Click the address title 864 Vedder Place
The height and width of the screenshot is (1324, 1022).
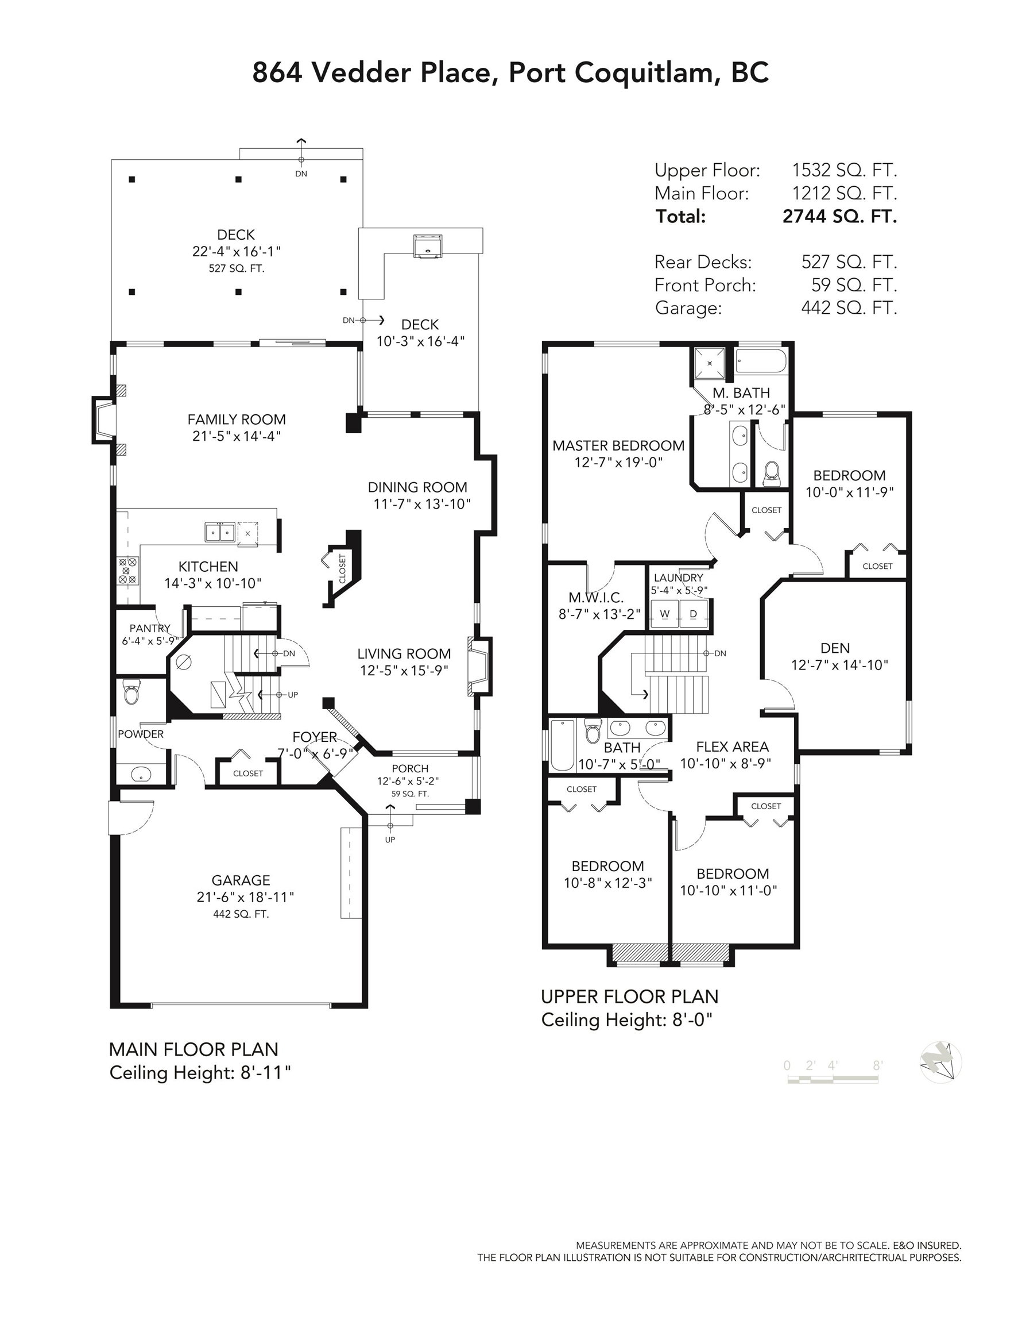[371, 73]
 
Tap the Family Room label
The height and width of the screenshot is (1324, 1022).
[236, 419]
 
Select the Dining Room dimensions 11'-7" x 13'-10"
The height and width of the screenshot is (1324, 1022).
[422, 504]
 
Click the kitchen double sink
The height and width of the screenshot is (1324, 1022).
[219, 532]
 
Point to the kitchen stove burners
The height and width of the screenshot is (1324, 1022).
[128, 571]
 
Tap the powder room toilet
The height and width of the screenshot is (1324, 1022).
[131, 691]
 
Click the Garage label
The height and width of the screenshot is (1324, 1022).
[241, 880]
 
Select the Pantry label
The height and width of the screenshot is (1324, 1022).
[150, 628]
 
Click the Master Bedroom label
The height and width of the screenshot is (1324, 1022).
[618, 445]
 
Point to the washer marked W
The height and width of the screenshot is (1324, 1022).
[664, 614]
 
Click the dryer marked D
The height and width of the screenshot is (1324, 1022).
[693, 614]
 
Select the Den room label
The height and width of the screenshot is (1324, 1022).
[835, 648]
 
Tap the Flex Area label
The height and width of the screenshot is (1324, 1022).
[733, 746]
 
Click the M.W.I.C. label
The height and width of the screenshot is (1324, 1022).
[596, 598]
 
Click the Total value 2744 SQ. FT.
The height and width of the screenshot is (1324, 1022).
[839, 217]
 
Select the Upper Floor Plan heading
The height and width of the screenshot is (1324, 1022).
[629, 996]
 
